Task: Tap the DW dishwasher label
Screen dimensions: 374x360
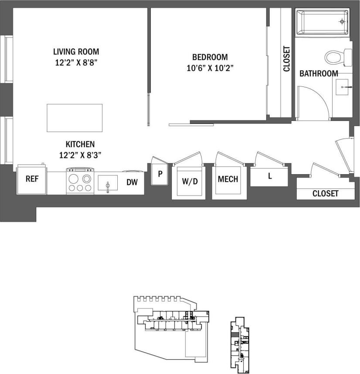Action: pyautogui.click(x=132, y=183)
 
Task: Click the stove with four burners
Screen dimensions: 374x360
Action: pyautogui.click(x=80, y=182)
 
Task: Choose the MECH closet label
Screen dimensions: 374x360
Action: pyautogui.click(x=228, y=179)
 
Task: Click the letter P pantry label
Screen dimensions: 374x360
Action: pyautogui.click(x=160, y=174)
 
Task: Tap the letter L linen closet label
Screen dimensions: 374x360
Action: pyautogui.click(x=270, y=176)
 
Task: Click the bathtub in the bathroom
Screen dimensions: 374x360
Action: pyautogui.click(x=323, y=22)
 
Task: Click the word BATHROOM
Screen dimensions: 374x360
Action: pyautogui.click(x=319, y=74)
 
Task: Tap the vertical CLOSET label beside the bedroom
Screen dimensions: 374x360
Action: pyautogui.click(x=286, y=59)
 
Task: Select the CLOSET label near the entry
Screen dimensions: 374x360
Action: pyautogui.click(x=325, y=193)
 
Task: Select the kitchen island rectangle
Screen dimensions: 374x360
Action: pyautogui.click(x=75, y=118)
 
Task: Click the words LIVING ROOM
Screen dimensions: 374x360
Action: pyautogui.click(x=76, y=51)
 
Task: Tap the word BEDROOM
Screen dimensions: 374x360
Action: pyautogui.click(x=210, y=57)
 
